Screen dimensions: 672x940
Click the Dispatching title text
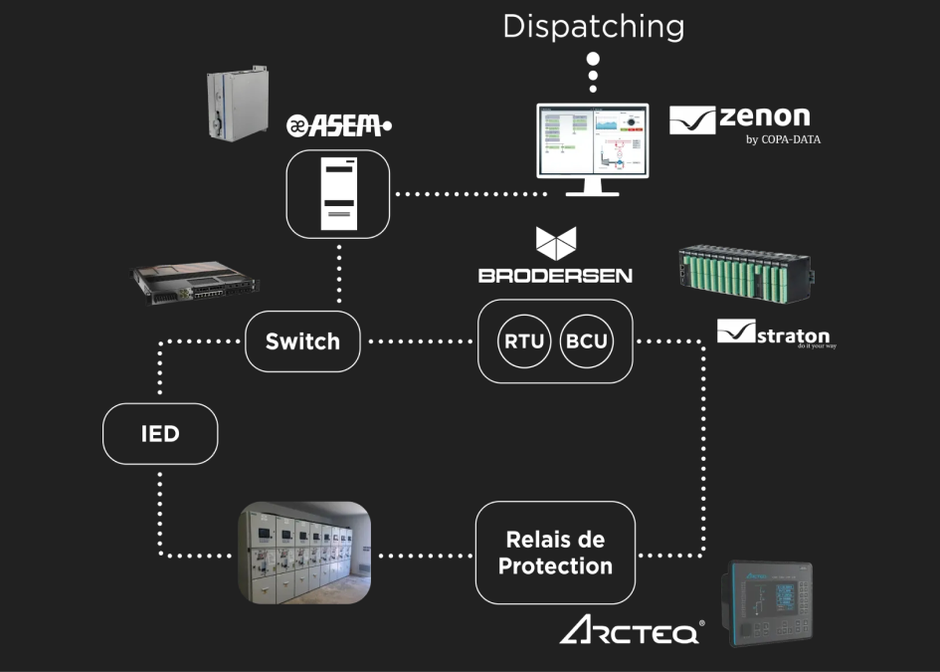coord(593,26)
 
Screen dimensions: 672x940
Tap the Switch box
coord(302,341)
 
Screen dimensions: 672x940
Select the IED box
coord(160,433)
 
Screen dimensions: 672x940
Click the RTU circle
coord(523,341)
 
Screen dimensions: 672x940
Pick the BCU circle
coord(587,341)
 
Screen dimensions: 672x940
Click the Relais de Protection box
coord(555,553)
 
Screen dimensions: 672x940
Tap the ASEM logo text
coord(339,125)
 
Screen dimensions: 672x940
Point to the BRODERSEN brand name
coord(555,275)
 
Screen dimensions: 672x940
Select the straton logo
coord(775,334)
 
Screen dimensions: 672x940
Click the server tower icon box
coord(337,193)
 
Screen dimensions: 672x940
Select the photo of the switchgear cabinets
coord(304,553)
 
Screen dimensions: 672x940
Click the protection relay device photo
coord(768,603)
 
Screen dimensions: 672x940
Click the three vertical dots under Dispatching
coord(593,73)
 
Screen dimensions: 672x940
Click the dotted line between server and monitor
coord(463,193)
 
